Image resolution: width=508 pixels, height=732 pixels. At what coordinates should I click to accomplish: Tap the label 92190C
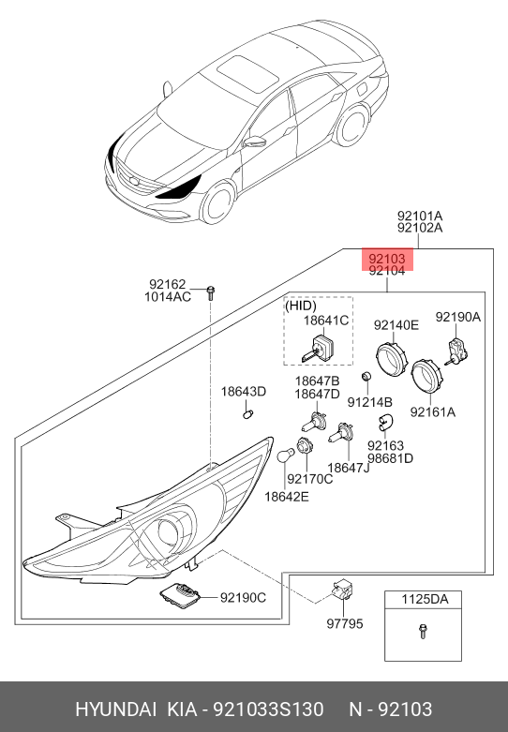(243, 598)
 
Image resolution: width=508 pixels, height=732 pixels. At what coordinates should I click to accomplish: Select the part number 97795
(345, 623)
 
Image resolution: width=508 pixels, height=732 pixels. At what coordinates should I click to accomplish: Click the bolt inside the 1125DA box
(423, 631)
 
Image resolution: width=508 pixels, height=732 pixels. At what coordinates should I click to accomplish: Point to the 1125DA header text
(425, 599)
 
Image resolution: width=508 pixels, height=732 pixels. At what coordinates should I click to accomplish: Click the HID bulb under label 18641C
(319, 349)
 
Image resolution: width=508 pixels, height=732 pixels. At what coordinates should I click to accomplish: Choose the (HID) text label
(301, 306)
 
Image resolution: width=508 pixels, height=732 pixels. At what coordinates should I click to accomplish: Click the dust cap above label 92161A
(426, 376)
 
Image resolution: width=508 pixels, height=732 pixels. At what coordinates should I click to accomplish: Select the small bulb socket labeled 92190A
(456, 351)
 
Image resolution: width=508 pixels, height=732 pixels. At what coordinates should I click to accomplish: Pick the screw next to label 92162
(210, 292)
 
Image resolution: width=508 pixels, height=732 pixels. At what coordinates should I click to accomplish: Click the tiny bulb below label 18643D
(247, 413)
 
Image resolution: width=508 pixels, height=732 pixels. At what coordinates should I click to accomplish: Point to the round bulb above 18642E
(285, 456)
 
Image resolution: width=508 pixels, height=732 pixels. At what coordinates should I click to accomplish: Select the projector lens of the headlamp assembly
(167, 531)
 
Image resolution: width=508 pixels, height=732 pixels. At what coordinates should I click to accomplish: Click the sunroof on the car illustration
(247, 73)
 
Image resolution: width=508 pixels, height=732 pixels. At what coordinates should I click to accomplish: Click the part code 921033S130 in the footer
(268, 710)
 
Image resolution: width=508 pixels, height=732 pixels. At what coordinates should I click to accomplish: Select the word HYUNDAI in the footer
(116, 710)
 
